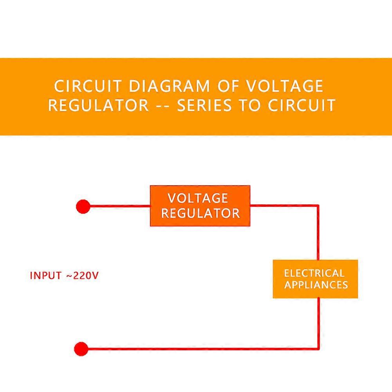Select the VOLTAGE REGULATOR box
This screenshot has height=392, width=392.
coord(200,206)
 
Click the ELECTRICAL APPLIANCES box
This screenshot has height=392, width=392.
coord(315,279)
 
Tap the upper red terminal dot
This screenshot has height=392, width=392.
coord(83,206)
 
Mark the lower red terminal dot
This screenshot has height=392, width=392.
coord(81,349)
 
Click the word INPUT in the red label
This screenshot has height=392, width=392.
coord(46,275)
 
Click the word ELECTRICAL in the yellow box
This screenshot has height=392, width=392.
coord(314,273)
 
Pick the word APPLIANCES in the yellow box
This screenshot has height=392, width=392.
coord(316,285)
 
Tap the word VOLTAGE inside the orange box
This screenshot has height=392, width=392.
coord(198,198)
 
